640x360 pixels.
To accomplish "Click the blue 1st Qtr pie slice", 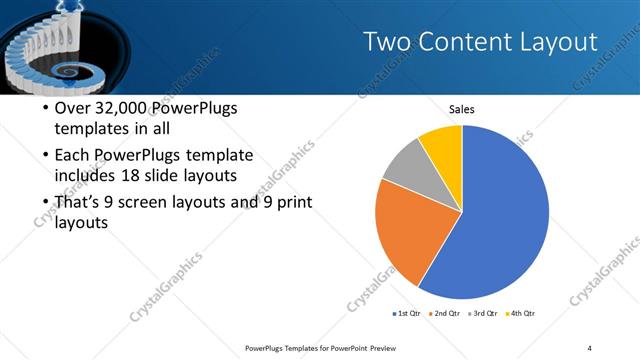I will [505, 220].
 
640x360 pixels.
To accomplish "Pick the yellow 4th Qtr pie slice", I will [443, 146].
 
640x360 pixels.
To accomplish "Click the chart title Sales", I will [461, 109].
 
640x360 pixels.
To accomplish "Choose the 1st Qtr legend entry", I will [407, 314].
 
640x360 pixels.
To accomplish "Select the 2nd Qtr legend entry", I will [446, 314].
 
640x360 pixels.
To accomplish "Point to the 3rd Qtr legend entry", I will [484, 314].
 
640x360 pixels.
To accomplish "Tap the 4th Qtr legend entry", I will [521, 314].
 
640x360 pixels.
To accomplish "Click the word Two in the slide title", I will [385, 42].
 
